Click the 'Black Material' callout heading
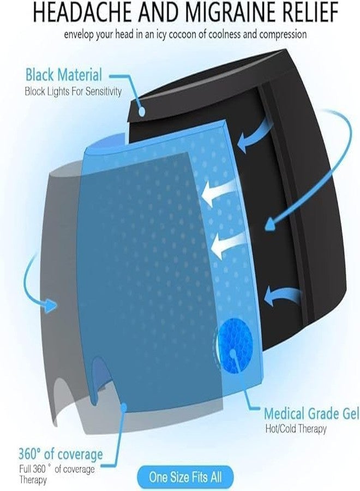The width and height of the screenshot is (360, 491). coord(64,75)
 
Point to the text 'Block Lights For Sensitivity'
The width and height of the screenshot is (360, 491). coord(73,92)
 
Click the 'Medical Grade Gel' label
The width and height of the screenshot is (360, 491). coord(311,414)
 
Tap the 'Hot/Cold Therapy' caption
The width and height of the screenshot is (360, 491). coord(296,428)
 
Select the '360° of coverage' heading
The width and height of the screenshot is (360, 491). coord(61,454)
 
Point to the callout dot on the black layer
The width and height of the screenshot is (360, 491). coord(142,111)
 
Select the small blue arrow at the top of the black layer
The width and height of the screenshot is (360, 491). coord(254,136)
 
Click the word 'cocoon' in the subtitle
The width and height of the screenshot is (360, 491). coord(182,34)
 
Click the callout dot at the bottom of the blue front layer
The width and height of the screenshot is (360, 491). coord(124,406)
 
